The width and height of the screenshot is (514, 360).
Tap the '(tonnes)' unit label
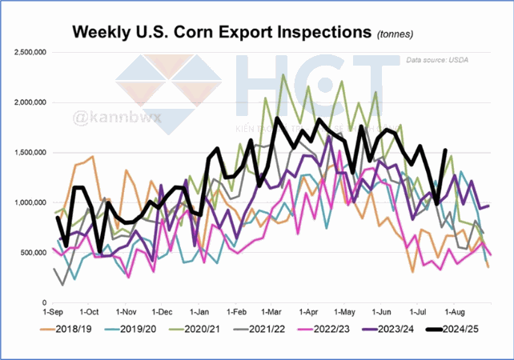[400, 34]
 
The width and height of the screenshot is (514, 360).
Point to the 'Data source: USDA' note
[436, 60]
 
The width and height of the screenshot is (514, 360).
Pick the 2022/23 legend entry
[333, 328]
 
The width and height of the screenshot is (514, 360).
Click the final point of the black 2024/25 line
[445, 150]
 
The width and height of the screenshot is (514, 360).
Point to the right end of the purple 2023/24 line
[488, 206]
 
